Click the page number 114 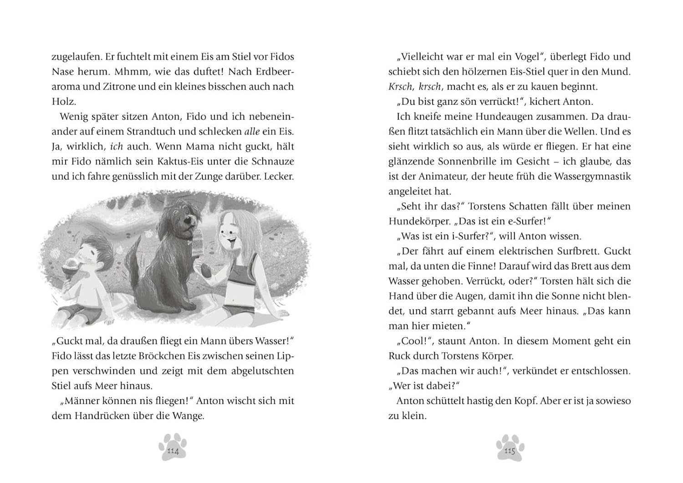tap(173, 451)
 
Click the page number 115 tap(510, 451)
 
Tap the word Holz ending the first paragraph tap(63, 102)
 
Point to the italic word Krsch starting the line tap(400, 87)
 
